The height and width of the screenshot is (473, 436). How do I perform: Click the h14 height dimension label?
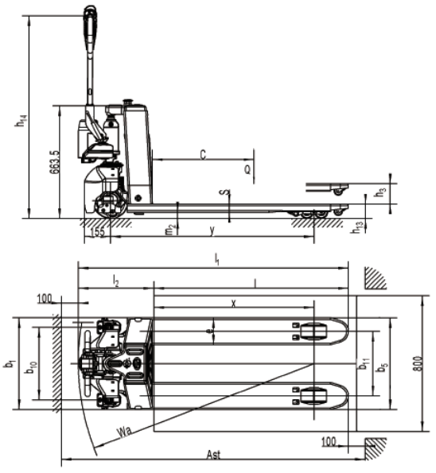pos(21,121)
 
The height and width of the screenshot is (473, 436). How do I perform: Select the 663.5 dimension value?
pos(55,162)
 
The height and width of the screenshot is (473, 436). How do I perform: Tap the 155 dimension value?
pos(98,232)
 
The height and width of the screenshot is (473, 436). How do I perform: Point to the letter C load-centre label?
pos(203,155)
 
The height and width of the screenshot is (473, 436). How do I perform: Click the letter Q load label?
pos(247,170)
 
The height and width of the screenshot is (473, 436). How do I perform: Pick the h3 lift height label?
pos(380,192)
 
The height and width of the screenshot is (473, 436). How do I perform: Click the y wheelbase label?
pos(212,231)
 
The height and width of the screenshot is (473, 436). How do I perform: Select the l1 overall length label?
pos(216,259)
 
